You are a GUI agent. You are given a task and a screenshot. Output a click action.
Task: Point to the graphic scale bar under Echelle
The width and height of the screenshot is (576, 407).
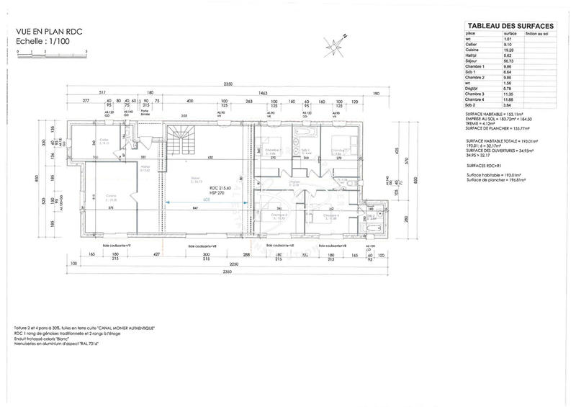(50, 53)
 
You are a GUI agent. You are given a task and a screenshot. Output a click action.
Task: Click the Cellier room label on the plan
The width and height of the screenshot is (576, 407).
(104, 142)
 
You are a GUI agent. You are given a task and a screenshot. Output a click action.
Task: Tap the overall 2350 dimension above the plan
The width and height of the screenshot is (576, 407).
(228, 84)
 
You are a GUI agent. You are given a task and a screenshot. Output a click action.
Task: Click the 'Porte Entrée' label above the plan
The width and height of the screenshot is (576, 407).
(146, 111)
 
